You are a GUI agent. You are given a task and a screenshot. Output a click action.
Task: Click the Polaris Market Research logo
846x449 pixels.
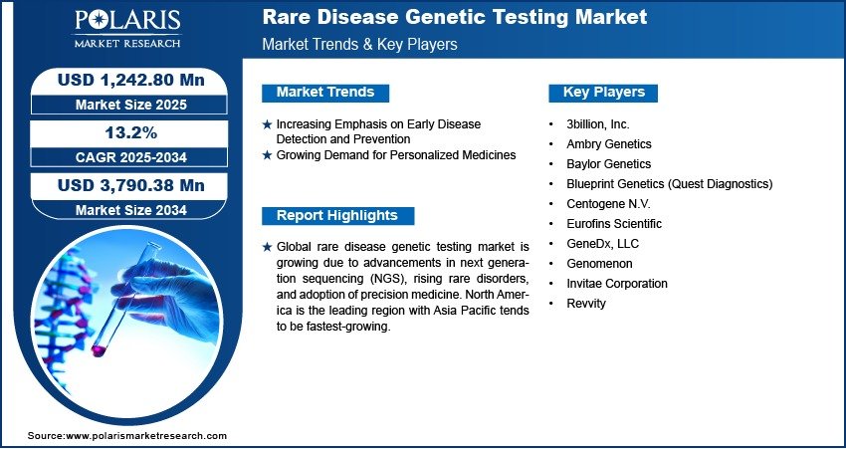coord(127,29)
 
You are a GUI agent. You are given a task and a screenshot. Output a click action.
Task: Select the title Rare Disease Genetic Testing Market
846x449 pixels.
coord(455,17)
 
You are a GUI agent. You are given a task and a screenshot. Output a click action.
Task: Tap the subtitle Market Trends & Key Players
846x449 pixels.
coord(359,44)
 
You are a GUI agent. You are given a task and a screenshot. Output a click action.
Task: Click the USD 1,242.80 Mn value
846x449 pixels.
coord(131,80)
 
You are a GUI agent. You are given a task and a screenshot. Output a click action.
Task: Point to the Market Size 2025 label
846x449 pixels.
coord(131,105)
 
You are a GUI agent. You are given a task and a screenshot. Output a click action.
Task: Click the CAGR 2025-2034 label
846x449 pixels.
coord(131,157)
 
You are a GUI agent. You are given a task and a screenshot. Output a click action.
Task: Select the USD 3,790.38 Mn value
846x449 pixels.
coord(131,185)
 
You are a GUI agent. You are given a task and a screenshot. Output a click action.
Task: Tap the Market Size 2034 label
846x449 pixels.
coord(131,210)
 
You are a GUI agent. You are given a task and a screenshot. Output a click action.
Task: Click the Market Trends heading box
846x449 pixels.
coord(325,93)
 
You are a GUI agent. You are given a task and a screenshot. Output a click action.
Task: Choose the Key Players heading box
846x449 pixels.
coord(603,93)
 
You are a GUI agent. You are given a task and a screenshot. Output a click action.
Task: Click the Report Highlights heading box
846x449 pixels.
coord(337,216)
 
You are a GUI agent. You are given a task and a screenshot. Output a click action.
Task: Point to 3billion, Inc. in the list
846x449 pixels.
coord(598,124)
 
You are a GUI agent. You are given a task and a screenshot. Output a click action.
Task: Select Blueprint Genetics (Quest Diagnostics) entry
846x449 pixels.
coord(670,184)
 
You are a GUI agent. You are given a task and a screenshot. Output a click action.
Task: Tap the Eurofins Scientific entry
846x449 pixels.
coord(614,223)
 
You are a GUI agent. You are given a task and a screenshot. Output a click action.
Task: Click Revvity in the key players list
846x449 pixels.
coord(586,304)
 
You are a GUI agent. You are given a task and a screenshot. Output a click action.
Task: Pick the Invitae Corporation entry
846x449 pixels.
coord(617,284)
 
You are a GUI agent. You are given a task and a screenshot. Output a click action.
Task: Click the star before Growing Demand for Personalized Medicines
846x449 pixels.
coord(267,155)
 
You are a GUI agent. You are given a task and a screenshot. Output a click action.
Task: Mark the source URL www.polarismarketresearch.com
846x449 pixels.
coord(146,435)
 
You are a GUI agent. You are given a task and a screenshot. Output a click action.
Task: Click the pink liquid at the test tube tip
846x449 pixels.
coord(99,350)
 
